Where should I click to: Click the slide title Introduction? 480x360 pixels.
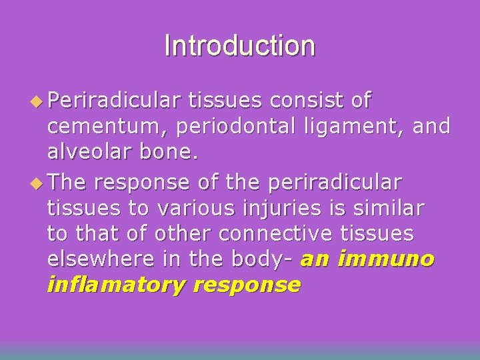pos(239,46)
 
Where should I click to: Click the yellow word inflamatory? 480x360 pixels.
pos(115,285)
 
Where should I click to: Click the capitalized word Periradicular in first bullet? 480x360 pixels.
pos(115,101)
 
